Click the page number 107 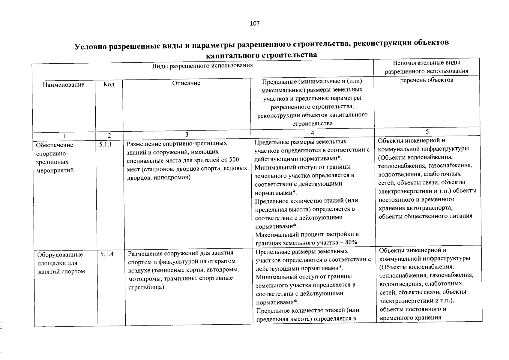(254, 23)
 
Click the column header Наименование (63, 85)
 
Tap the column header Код (109, 84)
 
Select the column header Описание (186, 83)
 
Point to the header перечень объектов (427, 80)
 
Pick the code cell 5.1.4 (107, 254)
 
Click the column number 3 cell (187, 135)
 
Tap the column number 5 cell (427, 131)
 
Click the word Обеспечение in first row (54, 145)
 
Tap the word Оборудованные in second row (60, 255)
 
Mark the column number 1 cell (64, 136)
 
